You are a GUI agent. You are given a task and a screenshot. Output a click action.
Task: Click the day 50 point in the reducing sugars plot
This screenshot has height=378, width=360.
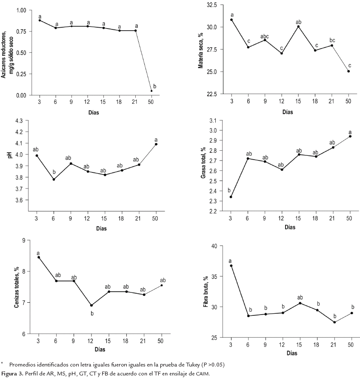click(151, 91)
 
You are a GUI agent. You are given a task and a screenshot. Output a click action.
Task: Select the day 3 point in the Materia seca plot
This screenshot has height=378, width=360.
click(231, 20)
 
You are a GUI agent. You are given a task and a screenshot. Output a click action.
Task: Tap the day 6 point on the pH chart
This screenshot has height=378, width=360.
click(54, 179)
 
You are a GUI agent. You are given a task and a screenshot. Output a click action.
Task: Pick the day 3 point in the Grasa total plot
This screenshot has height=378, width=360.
click(231, 197)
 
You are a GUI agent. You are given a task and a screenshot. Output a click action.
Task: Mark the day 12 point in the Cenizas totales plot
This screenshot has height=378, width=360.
click(91, 305)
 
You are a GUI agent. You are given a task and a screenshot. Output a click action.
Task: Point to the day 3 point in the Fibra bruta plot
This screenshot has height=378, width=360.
click(231, 266)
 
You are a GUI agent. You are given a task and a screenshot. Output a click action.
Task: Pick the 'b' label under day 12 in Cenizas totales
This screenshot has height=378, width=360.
click(91, 313)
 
